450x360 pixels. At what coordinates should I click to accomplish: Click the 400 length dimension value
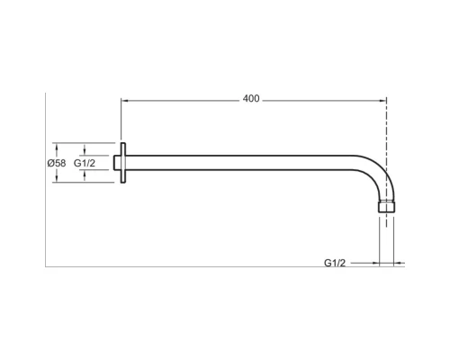tap(251, 99)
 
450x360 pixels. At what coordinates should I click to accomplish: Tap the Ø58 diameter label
tap(57, 163)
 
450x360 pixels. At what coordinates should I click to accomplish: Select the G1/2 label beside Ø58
tap(85, 163)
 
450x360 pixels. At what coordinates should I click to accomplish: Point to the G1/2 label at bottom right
tap(335, 263)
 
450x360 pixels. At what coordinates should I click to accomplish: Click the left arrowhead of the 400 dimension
tap(124, 101)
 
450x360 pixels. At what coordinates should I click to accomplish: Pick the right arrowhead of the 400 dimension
tap(382, 101)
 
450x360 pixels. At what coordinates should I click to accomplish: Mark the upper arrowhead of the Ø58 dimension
tap(56, 146)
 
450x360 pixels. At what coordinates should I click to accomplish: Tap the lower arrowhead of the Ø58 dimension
tap(56, 179)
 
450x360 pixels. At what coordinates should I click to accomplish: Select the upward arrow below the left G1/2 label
tap(85, 175)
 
